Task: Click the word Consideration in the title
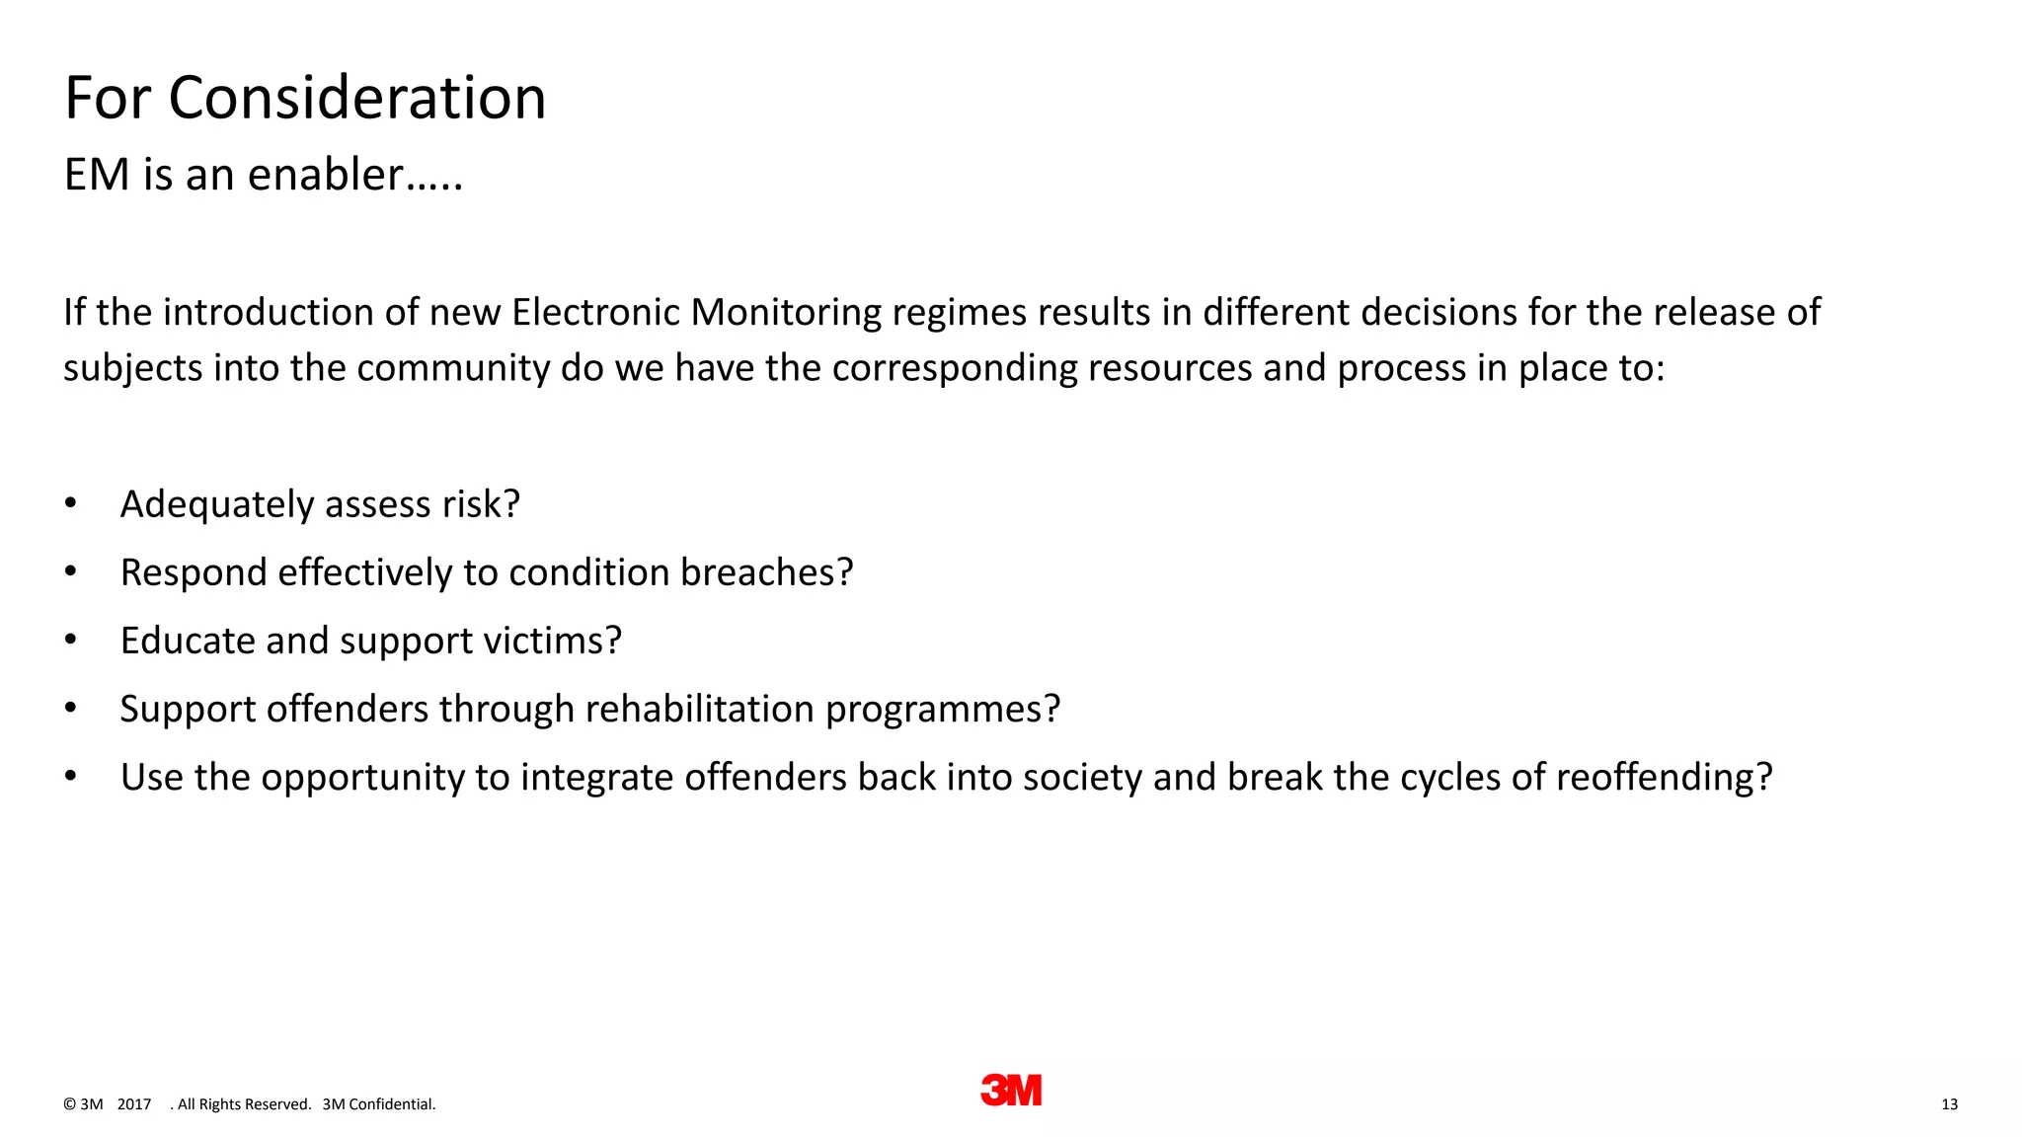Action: [356, 99]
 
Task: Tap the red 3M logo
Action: [1011, 1090]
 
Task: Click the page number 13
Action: [1949, 1104]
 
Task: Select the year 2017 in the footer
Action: [134, 1104]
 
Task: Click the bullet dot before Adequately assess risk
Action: [70, 503]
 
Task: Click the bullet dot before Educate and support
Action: [70, 641]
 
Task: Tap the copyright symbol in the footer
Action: [69, 1104]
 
